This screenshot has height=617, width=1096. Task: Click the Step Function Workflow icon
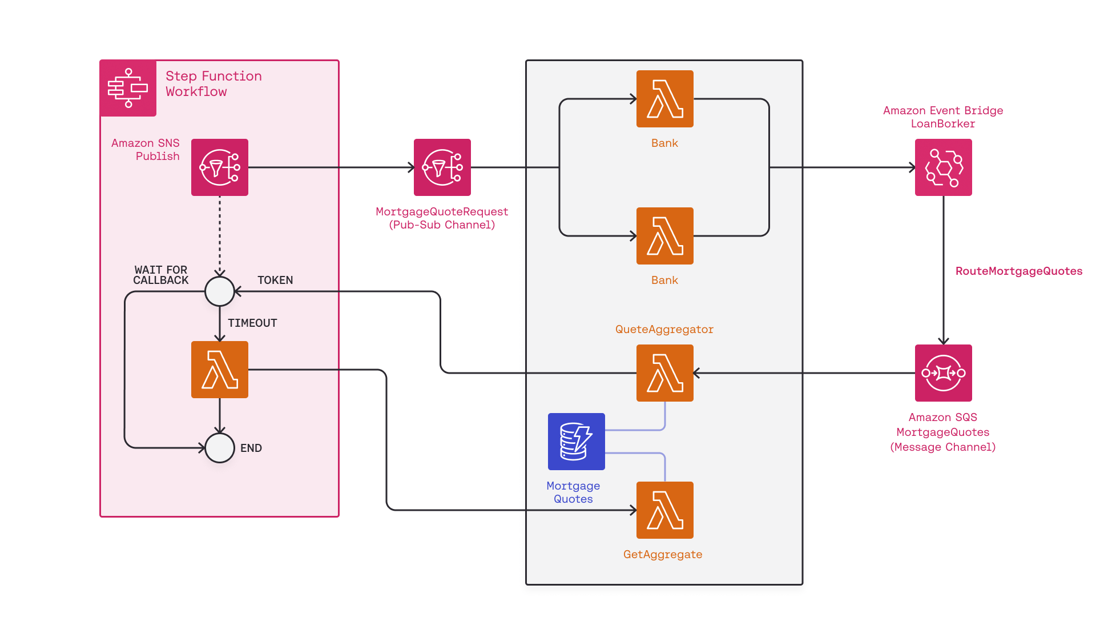tap(128, 88)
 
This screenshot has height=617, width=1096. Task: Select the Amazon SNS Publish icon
tap(219, 167)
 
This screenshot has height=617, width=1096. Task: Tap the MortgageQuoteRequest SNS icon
tap(442, 167)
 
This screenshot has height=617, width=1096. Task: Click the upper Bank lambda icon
tap(664, 99)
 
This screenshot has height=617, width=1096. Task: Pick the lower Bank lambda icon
tap(664, 236)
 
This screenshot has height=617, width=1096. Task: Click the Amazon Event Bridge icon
tap(943, 167)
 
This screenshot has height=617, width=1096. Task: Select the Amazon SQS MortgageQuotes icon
tap(943, 373)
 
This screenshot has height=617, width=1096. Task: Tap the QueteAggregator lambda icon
tap(664, 373)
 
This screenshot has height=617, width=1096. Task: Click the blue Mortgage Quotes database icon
tap(576, 442)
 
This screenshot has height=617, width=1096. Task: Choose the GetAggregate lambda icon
tap(664, 510)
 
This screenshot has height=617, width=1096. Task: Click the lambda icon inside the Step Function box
tap(219, 370)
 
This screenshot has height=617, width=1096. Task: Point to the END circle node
tap(219, 448)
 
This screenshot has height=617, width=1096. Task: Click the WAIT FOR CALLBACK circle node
tap(219, 291)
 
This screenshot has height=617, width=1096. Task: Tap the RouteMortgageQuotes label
tap(1018, 271)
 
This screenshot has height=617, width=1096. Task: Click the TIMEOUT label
tap(252, 323)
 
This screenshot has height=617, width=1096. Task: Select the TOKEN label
tap(275, 281)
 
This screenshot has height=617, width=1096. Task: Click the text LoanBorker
tap(942, 124)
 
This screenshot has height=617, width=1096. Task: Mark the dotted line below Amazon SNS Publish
tap(219, 234)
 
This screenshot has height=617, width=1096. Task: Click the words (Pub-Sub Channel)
tap(442, 225)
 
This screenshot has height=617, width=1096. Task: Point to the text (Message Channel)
tap(942, 447)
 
